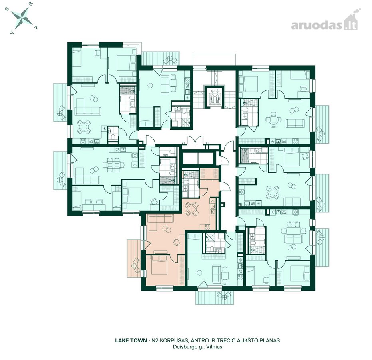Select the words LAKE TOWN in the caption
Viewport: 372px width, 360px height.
[131, 340]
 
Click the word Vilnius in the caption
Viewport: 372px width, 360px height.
[214, 347]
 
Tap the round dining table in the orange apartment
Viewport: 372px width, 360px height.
[191, 209]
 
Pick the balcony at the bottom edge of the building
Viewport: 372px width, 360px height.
[216, 297]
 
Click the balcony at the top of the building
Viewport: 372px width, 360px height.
[161, 58]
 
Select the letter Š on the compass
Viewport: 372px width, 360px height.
[7, 9]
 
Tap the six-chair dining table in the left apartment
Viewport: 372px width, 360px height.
[113, 164]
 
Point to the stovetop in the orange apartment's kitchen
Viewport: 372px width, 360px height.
[207, 227]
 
